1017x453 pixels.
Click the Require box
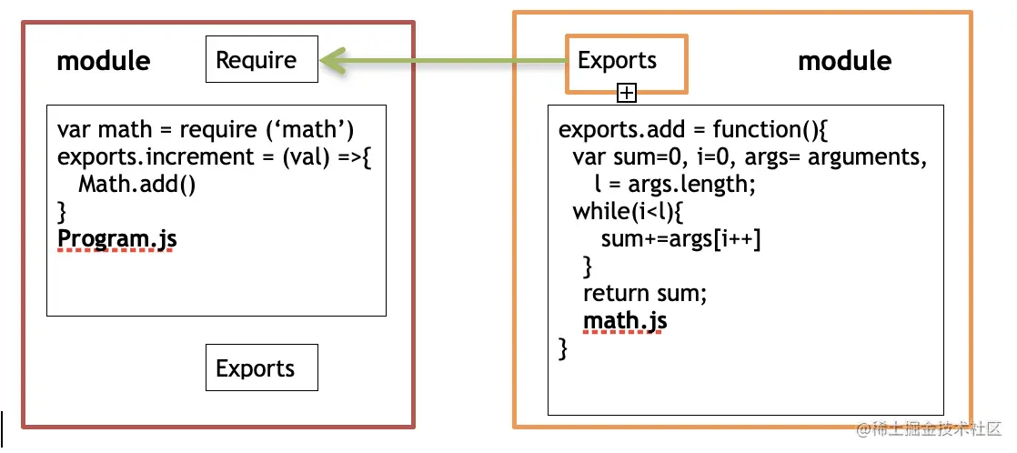262,60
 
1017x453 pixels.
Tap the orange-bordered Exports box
626,61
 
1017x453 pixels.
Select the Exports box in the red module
262,368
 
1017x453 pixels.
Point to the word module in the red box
104,61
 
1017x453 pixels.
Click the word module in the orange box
844,61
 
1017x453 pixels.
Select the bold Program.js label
116,239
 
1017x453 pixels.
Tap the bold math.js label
625,321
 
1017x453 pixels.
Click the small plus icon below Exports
626,92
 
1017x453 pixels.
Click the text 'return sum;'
644,294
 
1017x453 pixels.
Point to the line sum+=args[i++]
680,239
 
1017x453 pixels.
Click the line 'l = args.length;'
674,185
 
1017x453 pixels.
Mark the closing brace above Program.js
62,212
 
